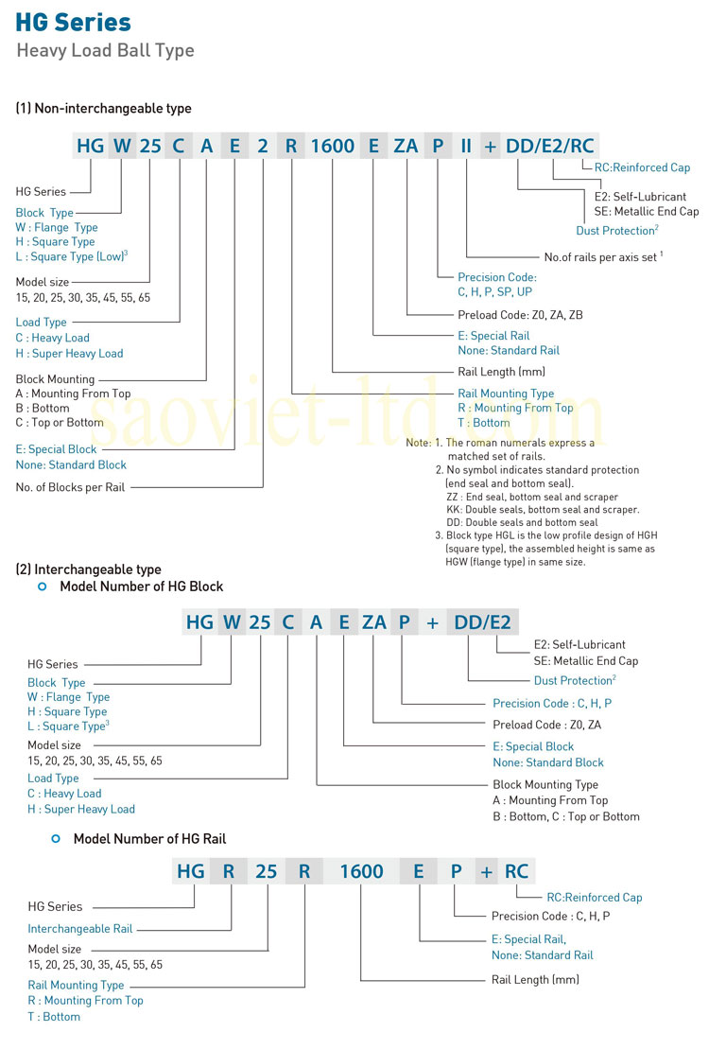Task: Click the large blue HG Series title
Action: tap(73, 22)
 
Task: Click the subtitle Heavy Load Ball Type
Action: tap(105, 50)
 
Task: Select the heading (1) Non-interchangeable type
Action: tap(103, 109)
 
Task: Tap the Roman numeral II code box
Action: tap(466, 146)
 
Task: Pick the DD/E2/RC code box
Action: tap(550, 146)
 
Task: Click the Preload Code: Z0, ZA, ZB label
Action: tap(520, 315)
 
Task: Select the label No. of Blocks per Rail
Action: tap(70, 487)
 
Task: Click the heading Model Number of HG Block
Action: tap(141, 586)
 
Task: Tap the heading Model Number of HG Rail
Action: tap(149, 838)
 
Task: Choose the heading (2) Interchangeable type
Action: tap(88, 569)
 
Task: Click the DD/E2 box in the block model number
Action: tap(482, 621)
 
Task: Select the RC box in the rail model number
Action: tap(516, 870)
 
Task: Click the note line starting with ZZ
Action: tap(531, 497)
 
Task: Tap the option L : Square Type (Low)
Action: tap(72, 256)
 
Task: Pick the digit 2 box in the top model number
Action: tap(263, 146)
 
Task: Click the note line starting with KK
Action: tap(542, 509)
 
